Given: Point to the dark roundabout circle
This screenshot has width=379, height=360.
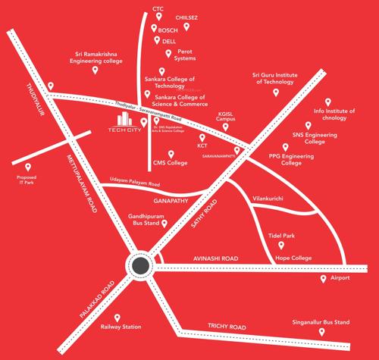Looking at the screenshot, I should coord(140,265).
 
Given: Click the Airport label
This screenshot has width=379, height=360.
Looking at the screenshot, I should coord(340,278).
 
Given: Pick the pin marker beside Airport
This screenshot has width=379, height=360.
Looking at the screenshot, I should coord(324,279).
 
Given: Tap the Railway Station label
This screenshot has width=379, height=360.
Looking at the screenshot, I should coord(121,327).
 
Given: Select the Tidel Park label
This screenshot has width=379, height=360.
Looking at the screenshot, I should coord(281,236).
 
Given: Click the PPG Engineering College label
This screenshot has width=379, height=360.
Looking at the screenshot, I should coord(285,159).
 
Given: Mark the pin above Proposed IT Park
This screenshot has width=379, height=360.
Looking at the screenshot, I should coord(27,167).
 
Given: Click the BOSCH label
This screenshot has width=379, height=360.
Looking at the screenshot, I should coord(167,30).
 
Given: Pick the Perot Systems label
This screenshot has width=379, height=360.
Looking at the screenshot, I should coord(185,55).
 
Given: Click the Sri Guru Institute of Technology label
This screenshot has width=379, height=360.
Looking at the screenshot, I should coord(275,79).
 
